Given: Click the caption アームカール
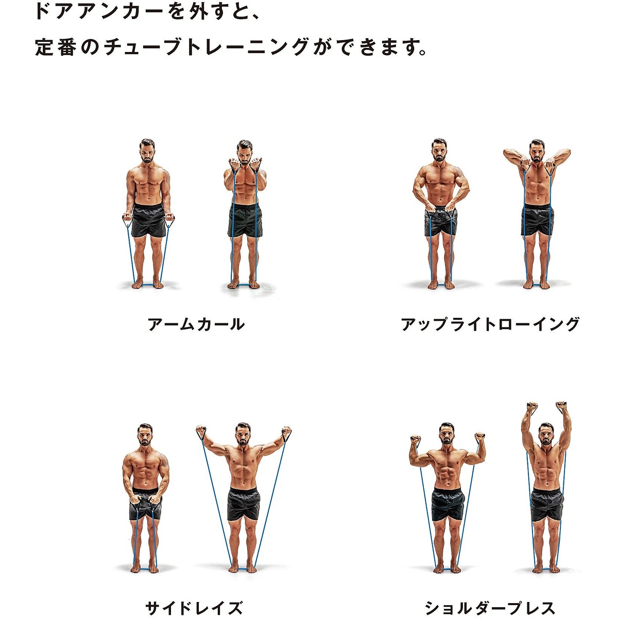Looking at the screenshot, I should [196, 324].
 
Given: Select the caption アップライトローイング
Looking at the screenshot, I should [490, 324].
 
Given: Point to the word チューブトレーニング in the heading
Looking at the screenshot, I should [206, 47].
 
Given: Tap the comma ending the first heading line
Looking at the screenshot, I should [256, 15].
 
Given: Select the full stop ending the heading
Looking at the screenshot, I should [423, 53].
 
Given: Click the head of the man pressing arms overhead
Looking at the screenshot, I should [546, 435].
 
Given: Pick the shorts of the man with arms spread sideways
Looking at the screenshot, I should [243, 504].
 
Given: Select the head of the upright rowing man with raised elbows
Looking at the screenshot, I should [537, 151].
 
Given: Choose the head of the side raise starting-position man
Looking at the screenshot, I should [145, 436].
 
